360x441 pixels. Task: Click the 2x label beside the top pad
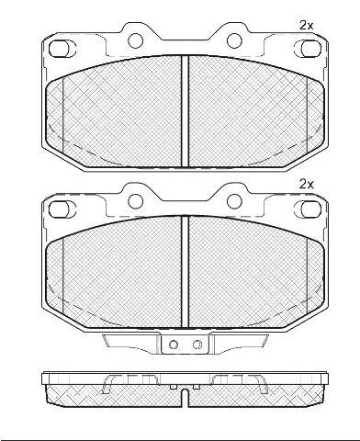tap(306, 26)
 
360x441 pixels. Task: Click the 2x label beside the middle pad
tap(306, 185)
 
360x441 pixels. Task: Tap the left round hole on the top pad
tap(135, 40)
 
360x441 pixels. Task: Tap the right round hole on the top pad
tap(234, 40)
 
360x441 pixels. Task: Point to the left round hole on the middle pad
tap(135, 201)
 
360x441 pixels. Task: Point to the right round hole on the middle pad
tap(234, 201)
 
